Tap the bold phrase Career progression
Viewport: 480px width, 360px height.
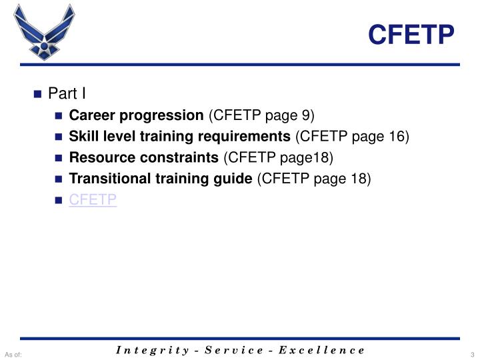[137, 115]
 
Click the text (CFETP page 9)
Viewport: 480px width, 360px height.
[261, 115]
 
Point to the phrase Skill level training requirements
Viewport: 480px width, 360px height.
[180, 136]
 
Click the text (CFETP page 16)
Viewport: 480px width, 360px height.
[353, 136]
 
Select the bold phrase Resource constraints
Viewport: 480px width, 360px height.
[143, 157]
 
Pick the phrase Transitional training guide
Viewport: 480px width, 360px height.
[161, 179]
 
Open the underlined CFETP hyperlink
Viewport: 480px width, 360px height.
[93, 200]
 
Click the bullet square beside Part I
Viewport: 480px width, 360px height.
[38, 94]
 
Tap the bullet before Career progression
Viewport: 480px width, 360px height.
[59, 115]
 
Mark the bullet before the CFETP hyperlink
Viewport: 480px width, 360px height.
[59, 201]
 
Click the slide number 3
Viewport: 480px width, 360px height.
[471, 353]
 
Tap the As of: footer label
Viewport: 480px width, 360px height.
[13, 353]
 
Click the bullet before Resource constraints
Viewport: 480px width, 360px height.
[59, 158]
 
